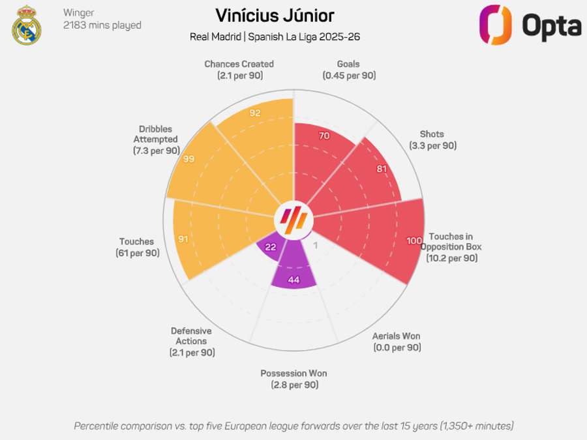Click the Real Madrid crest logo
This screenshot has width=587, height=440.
pos(27,25)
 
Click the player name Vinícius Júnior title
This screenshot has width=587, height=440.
pos(275,15)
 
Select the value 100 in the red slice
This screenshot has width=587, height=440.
pos(414,241)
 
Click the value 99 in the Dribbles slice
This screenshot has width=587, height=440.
pos(189,159)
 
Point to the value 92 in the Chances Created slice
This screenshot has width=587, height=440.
pos(255,112)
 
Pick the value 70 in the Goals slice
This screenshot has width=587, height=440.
pos(324,136)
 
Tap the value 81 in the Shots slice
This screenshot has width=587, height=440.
pos(382,169)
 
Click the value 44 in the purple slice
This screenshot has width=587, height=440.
pos(294,280)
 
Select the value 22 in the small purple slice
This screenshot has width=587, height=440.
pos(269,247)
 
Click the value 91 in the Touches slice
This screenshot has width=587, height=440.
pos(183,239)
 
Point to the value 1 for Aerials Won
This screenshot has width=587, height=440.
pos(316,245)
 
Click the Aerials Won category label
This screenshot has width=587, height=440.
pos(397,342)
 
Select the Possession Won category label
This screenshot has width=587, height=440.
pos(293,379)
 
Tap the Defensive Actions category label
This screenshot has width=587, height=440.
pos(191,342)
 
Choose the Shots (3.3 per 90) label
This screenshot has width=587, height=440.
pos(432,140)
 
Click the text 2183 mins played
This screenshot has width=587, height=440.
pos(102,25)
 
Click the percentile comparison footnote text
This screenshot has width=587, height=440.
pos(293,426)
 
